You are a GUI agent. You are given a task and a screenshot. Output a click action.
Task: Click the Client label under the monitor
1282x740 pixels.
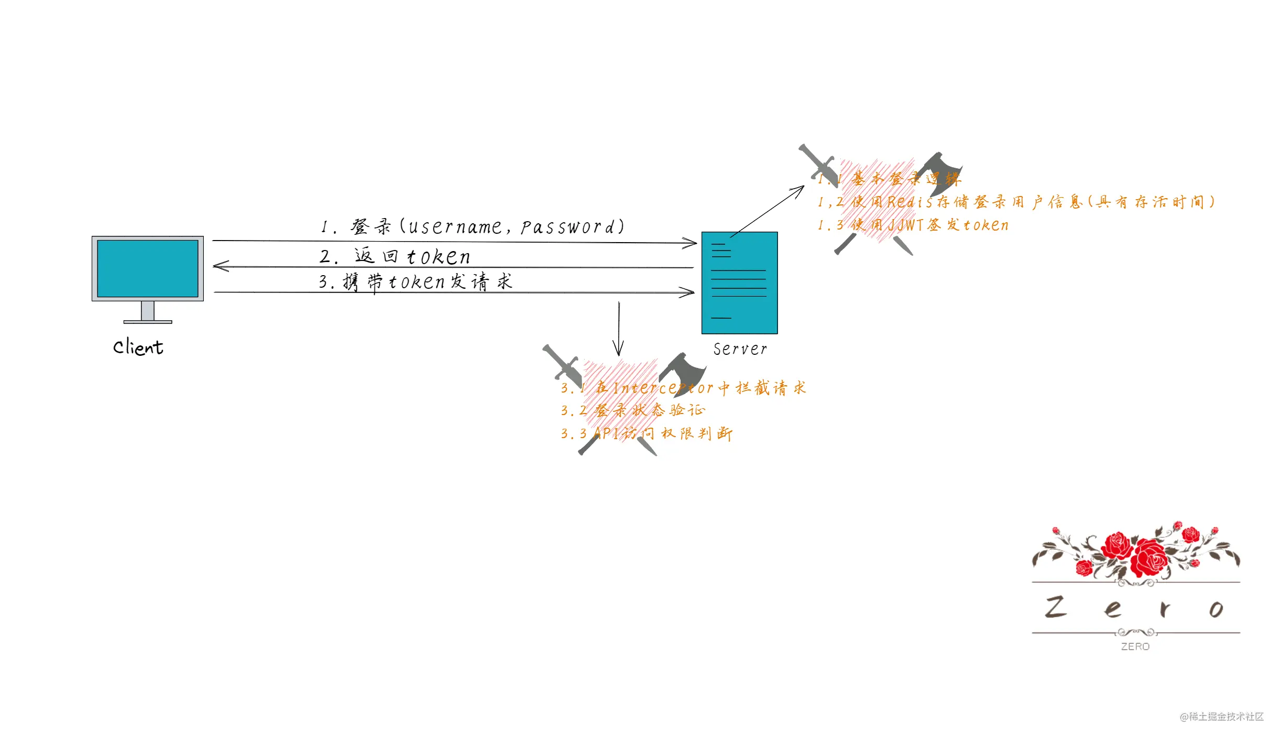click(138, 347)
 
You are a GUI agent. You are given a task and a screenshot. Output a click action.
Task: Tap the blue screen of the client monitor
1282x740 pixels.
click(148, 268)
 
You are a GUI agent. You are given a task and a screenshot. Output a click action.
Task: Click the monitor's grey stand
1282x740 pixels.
click(148, 311)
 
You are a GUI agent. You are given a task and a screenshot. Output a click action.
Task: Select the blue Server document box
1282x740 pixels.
click(739, 283)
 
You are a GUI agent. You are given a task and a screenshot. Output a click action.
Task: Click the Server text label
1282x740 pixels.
click(740, 349)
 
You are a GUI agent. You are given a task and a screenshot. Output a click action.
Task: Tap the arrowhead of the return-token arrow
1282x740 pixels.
click(219, 266)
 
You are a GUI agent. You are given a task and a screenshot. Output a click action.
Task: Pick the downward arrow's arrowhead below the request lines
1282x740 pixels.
click(618, 351)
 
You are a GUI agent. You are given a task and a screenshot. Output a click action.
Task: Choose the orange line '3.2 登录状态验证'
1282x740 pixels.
click(633, 410)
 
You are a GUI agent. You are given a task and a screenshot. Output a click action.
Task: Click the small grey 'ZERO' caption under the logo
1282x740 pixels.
click(1135, 647)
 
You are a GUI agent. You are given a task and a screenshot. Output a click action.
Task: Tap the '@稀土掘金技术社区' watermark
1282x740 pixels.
click(1221, 716)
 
